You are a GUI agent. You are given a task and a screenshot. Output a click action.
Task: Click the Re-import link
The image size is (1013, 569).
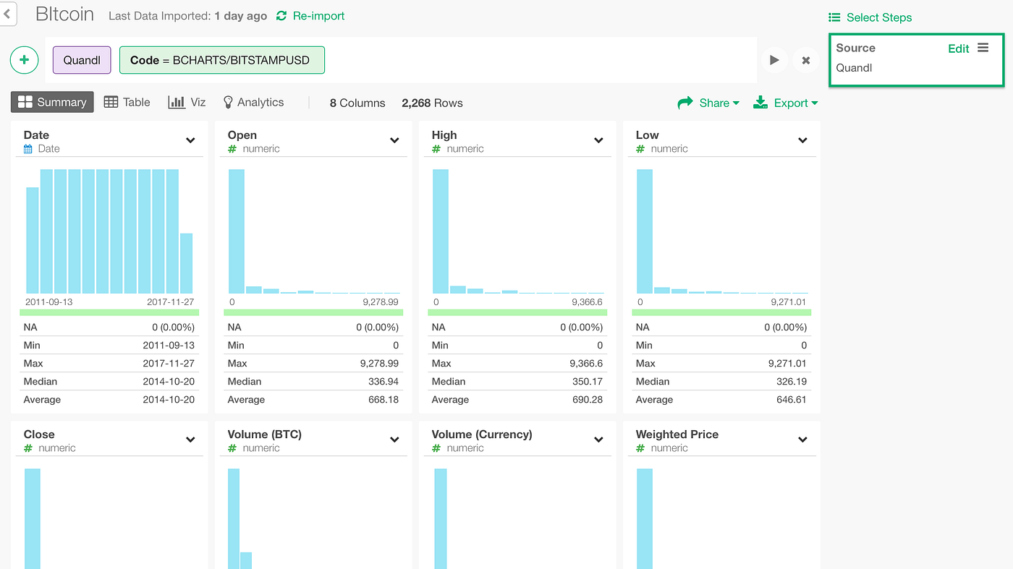click(x=310, y=16)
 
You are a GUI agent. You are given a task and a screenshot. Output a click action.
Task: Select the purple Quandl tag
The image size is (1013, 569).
click(x=82, y=60)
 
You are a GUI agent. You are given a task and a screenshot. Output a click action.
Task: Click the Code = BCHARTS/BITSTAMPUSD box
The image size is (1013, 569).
click(x=221, y=60)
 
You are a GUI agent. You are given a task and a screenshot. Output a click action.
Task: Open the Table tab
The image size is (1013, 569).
click(x=127, y=102)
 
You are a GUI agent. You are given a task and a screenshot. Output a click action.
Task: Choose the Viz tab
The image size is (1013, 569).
click(x=187, y=102)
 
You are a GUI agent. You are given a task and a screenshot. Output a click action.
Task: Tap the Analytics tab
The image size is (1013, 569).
click(x=253, y=102)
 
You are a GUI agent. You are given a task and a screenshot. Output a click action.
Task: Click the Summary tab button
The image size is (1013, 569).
click(x=52, y=102)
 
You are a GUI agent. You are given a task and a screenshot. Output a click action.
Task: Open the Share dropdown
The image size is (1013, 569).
click(x=709, y=103)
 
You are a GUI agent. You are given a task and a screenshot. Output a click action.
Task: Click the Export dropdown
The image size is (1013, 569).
click(x=786, y=103)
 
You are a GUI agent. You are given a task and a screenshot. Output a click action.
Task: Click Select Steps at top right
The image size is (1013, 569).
click(x=870, y=17)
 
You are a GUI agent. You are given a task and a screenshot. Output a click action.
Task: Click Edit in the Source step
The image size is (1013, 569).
click(x=958, y=48)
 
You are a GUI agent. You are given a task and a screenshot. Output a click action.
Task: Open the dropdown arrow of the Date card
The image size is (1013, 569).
click(x=190, y=140)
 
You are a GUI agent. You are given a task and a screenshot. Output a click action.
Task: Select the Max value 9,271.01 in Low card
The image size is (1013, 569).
click(x=787, y=363)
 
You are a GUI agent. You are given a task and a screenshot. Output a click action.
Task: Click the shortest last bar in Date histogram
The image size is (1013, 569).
click(x=186, y=263)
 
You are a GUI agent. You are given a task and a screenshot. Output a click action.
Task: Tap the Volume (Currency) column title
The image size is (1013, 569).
click(x=481, y=434)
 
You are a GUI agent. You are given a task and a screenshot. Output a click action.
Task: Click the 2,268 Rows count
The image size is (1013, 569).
click(x=432, y=103)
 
